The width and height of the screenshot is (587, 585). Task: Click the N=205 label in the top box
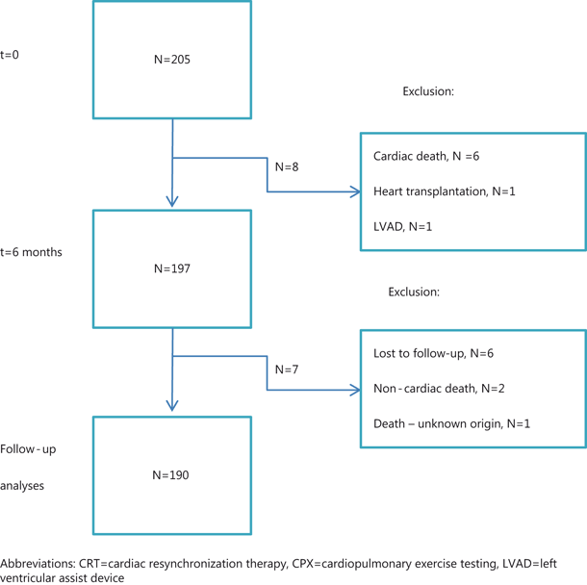click(x=172, y=60)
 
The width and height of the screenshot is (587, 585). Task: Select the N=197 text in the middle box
click(x=172, y=268)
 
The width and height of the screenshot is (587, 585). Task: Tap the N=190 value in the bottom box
click(x=172, y=475)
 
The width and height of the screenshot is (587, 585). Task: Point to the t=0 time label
click(x=10, y=55)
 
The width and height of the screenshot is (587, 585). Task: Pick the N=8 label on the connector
click(x=287, y=166)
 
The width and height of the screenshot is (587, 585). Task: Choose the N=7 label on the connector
click(x=287, y=369)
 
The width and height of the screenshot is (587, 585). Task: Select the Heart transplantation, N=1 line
click(x=445, y=191)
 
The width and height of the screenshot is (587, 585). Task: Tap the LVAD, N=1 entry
click(x=403, y=226)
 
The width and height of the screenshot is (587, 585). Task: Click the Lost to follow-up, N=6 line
click(x=433, y=354)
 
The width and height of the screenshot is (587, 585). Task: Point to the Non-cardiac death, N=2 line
click(x=439, y=389)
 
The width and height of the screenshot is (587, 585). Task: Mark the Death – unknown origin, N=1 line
click(x=451, y=423)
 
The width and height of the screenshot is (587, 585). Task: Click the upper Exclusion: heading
click(x=428, y=91)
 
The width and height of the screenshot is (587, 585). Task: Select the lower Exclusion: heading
click(x=415, y=292)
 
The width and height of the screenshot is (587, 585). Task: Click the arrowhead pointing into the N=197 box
click(x=172, y=201)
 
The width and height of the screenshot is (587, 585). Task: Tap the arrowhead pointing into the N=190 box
click(x=172, y=406)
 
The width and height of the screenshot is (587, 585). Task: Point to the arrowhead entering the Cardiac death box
click(x=354, y=191)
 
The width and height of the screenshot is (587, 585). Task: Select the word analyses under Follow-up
click(x=23, y=486)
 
